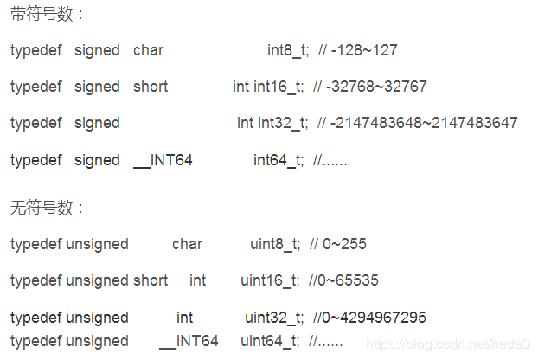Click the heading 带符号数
coord(48,15)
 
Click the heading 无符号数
coord(48,208)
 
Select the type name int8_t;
coord(289,50)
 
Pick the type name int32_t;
coord(284,123)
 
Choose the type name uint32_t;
coord(273,318)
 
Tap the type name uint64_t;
coord(271,341)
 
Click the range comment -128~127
coord(363,50)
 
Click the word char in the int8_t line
coord(148,50)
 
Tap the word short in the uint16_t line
coord(151,280)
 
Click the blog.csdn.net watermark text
coord(450,344)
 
